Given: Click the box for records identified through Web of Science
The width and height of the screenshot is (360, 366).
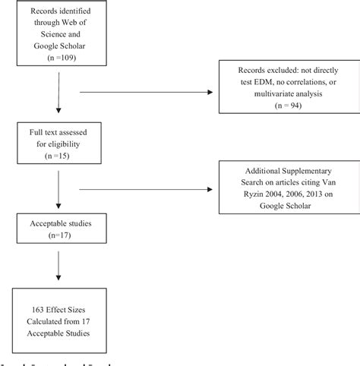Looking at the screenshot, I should coord(50,36).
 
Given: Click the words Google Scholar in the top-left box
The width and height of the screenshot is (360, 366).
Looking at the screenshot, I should coord(51,46).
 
